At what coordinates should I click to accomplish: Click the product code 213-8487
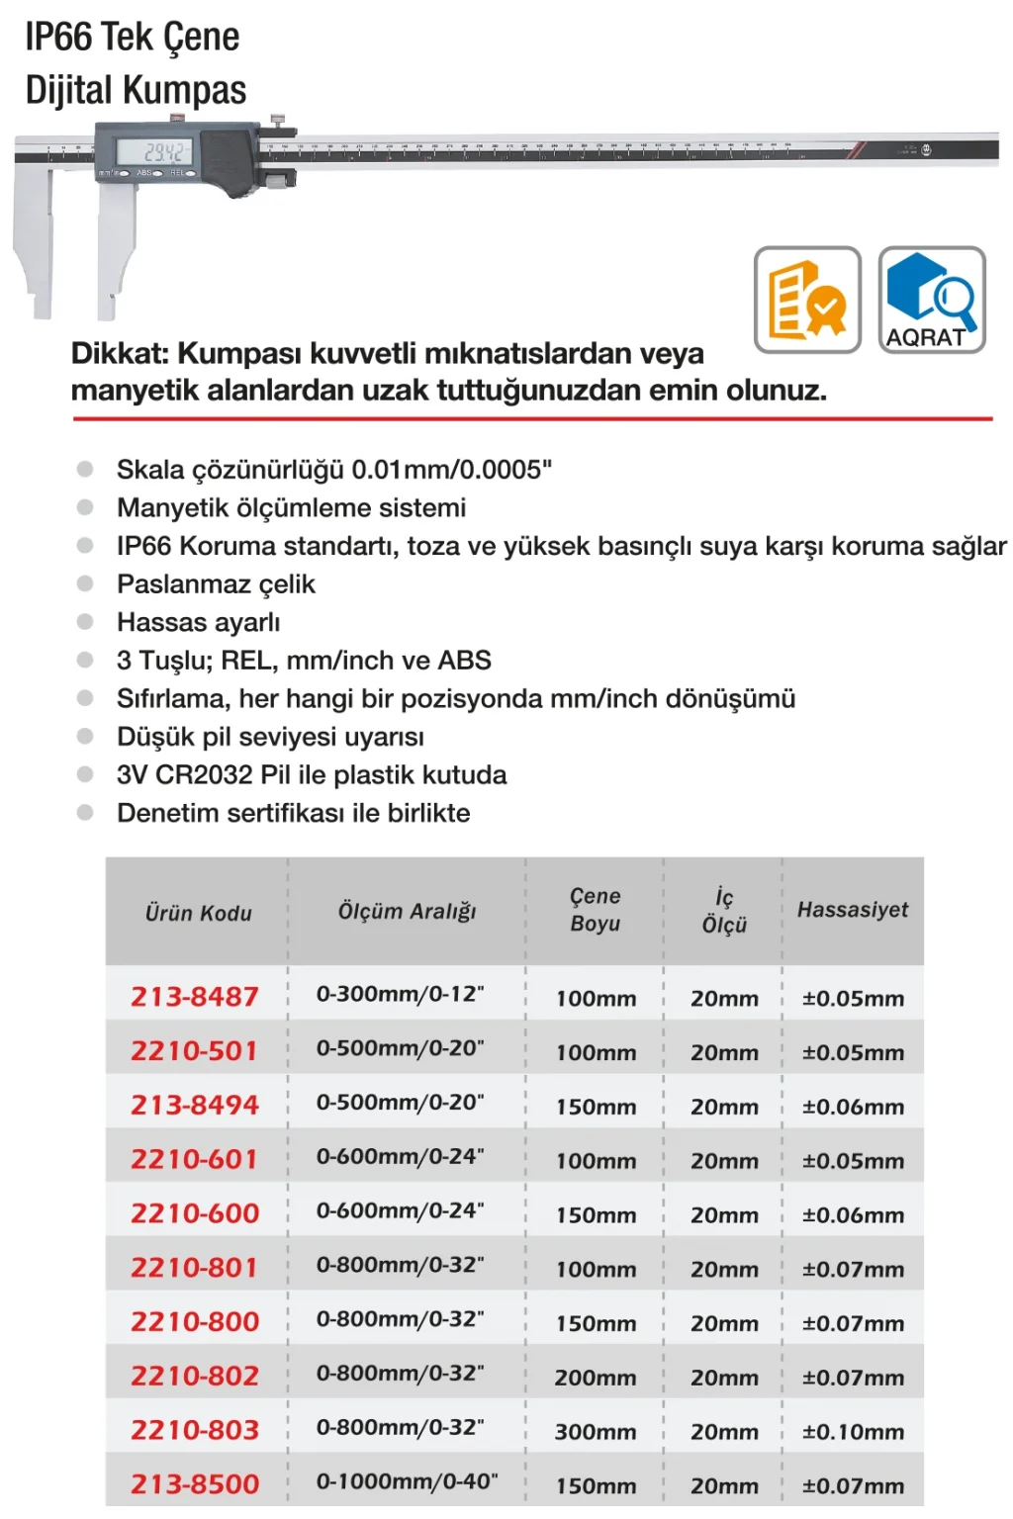195,996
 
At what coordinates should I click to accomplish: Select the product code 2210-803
195,1429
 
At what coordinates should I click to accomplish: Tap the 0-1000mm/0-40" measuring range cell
407,1481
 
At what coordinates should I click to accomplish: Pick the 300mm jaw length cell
595,1431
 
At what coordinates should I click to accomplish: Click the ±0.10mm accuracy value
853,1431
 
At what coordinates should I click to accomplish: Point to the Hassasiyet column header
853,910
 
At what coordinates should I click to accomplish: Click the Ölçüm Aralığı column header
407,911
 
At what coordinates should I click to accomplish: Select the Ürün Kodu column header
198,913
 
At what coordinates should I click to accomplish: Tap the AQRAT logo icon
932,300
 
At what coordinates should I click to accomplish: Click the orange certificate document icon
807,300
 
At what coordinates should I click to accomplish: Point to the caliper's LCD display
153,151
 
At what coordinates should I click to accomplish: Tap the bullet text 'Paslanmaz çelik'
216,583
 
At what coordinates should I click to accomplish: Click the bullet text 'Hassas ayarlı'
198,622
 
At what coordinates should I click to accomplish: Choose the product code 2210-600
195,1212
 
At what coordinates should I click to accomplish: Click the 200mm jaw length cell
595,1377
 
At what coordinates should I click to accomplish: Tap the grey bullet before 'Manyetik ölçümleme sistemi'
85,507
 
